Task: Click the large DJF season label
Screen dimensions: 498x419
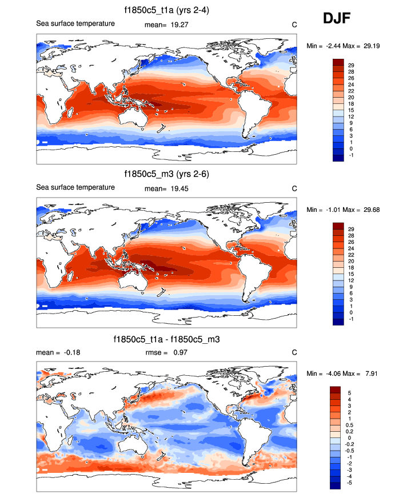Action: click(x=337, y=19)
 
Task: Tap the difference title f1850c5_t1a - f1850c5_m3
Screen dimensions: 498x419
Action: click(x=167, y=339)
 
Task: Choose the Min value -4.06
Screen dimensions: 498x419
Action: click(x=334, y=373)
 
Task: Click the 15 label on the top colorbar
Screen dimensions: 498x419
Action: click(x=351, y=111)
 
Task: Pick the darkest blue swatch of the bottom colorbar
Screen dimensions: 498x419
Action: click(x=336, y=485)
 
